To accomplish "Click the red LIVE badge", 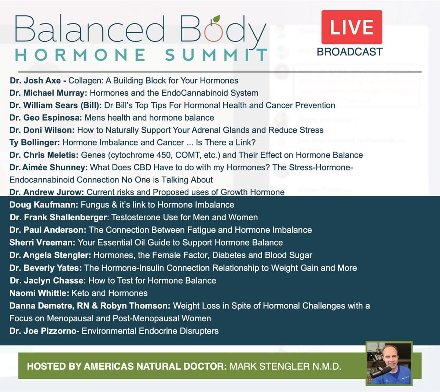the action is point(352,27).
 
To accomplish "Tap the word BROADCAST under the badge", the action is point(350,52).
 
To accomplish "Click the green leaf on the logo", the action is point(217,18).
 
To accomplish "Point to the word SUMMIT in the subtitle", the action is point(216,55).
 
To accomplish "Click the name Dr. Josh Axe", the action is point(36,81).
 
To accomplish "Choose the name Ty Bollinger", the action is point(34,143).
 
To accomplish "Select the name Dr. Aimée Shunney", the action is point(48,167).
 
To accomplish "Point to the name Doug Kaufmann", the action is point(43,205).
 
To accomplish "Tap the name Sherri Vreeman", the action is point(42,243).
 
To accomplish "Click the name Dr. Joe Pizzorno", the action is point(43,331).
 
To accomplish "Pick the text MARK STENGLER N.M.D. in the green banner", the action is point(285,366).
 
